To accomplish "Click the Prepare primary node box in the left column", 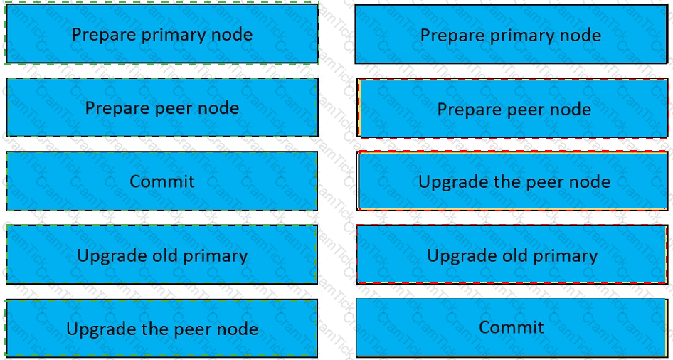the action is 161,33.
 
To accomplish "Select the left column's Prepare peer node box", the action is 161,107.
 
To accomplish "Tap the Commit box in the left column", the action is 161,181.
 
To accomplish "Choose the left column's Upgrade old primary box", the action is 161,255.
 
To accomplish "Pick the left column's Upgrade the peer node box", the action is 161,329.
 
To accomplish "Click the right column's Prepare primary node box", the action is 512,34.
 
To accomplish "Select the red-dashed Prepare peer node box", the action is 512,108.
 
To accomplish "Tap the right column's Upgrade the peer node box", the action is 512,181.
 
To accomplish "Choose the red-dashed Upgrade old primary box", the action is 512,254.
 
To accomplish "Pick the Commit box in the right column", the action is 512,327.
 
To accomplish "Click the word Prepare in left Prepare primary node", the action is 104,35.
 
